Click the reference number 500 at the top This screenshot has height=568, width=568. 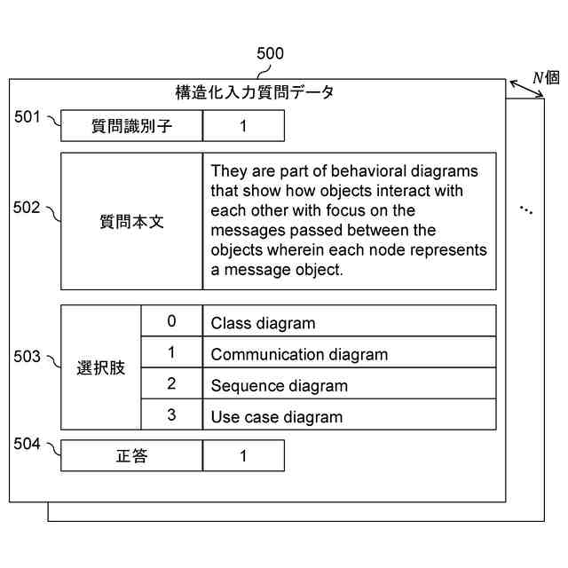coord(270,54)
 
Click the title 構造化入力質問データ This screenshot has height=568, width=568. coord(255,92)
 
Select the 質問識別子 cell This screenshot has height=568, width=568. coord(131,126)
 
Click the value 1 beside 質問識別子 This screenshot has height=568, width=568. coord(243,126)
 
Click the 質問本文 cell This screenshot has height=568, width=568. coord(131,222)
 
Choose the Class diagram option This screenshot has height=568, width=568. coord(263,324)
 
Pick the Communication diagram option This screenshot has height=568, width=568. coord(299,355)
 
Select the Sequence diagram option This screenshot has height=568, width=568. coord(279,386)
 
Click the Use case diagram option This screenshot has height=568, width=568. coord(276,416)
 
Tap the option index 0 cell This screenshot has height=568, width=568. coord(171,321)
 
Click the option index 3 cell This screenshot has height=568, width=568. coord(171,414)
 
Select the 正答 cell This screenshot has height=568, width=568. coord(131,456)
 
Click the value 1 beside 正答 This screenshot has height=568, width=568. coord(243,456)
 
